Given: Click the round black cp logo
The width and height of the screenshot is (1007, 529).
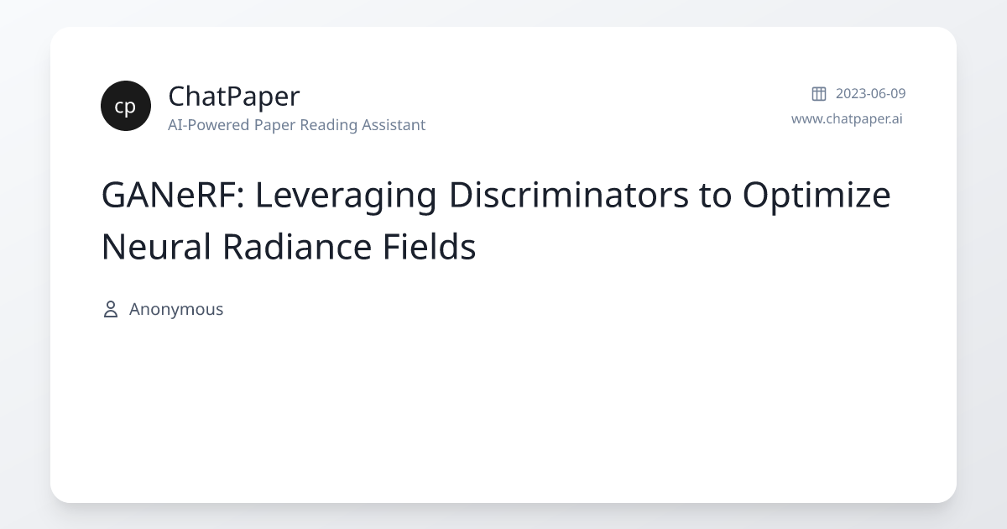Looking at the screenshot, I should pyautogui.click(x=126, y=106).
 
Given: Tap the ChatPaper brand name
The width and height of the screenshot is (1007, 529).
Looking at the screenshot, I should pyautogui.click(x=233, y=97).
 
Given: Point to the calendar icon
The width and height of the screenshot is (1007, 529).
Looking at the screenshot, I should pyautogui.click(x=819, y=93).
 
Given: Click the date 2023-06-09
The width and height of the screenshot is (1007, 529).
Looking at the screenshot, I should pyautogui.click(x=870, y=93).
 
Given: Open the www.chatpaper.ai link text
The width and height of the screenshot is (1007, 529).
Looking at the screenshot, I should pyautogui.click(x=847, y=118).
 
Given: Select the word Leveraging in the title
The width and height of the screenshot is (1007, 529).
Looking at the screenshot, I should pyautogui.click(x=345, y=196).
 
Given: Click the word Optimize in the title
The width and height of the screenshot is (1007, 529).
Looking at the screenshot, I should pyautogui.click(x=816, y=196).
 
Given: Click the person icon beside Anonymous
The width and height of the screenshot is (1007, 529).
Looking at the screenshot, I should pyautogui.click(x=110, y=309).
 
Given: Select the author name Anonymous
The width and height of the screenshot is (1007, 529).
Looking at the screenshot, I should pyautogui.click(x=176, y=309).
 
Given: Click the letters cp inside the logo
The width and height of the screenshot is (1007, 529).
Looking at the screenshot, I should pyautogui.click(x=126, y=107).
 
